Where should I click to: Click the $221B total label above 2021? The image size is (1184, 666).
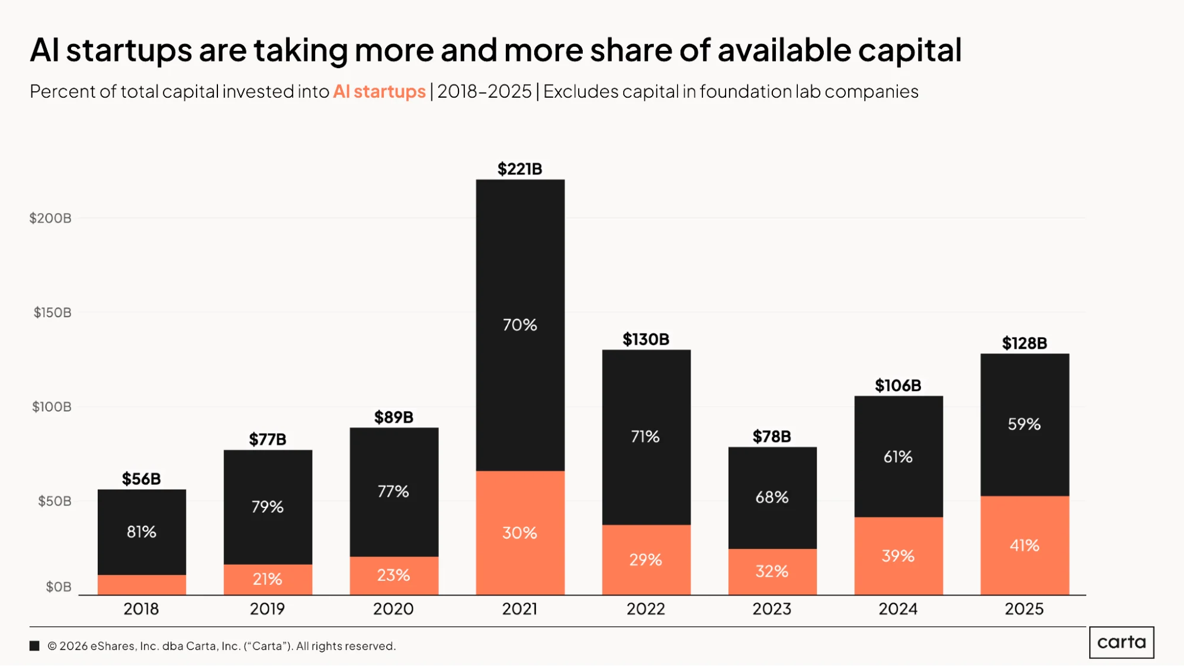[x=519, y=169]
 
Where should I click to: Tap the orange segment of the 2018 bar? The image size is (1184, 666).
[x=142, y=585]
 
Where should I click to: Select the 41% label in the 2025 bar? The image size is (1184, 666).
[x=1024, y=546]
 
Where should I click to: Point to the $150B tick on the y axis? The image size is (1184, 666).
[x=52, y=313]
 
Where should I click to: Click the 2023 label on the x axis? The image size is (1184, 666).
[x=772, y=609]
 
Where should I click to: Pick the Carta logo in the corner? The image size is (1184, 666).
[x=1121, y=642]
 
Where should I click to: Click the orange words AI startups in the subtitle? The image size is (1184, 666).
[x=379, y=92]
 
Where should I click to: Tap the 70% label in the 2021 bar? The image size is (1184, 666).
[x=519, y=325]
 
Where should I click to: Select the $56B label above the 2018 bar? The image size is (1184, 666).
[x=141, y=479]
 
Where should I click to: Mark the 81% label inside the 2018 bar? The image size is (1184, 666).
[x=142, y=532]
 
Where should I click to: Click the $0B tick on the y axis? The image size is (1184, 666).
[x=59, y=587]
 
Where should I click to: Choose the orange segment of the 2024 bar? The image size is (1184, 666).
[x=899, y=556]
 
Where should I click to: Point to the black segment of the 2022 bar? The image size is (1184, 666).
[x=646, y=437]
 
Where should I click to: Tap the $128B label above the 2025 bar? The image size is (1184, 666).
[x=1024, y=343]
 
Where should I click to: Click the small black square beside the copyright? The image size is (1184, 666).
[x=34, y=646]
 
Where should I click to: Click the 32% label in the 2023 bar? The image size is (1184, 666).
[x=772, y=572]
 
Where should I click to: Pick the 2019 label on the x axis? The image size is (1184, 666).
[x=267, y=609]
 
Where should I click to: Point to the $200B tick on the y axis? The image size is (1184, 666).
[x=50, y=218]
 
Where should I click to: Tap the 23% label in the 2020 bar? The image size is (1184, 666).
[x=393, y=575]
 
